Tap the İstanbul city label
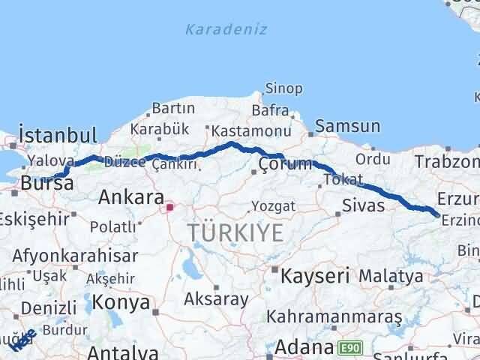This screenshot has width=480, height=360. [58, 136]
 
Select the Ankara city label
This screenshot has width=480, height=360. [132, 199]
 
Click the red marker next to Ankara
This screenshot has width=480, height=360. [170, 206]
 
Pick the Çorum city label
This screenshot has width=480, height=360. [284, 164]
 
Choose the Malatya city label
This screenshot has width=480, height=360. [390, 277]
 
